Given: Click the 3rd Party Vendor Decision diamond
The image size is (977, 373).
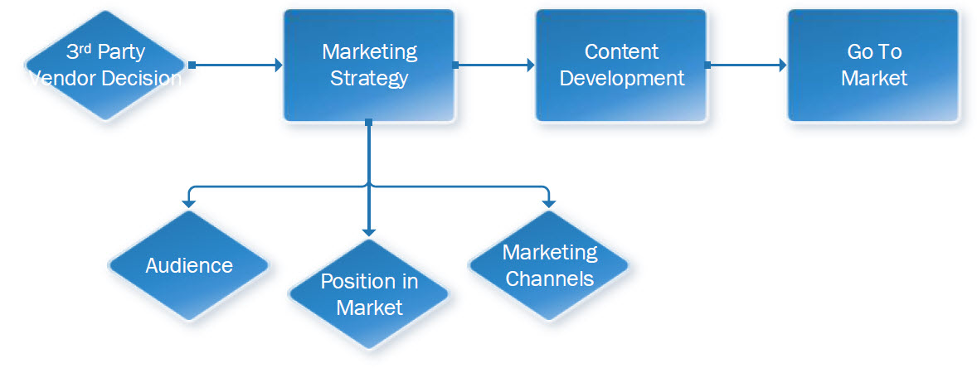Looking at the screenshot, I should (x=105, y=65).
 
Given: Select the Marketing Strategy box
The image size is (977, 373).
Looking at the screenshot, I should (x=369, y=65).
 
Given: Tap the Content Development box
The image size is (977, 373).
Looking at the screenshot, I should (x=621, y=65).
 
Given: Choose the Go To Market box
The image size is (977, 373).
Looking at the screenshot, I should (x=873, y=65).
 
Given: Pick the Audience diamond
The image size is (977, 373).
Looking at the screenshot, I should (x=189, y=265).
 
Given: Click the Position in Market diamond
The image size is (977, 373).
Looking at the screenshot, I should (x=369, y=294).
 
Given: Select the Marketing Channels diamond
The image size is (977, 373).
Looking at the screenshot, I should (x=549, y=265).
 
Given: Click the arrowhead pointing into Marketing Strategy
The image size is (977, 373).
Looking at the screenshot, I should (x=278, y=65).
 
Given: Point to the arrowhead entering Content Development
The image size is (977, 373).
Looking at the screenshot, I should (x=530, y=65).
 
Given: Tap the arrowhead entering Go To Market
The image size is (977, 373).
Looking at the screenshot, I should (x=782, y=65).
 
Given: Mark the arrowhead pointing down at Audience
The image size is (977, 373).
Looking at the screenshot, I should (x=189, y=201).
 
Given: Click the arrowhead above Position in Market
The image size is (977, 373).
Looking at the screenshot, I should (x=369, y=232).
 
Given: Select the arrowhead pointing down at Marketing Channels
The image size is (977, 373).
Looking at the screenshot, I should (x=548, y=201).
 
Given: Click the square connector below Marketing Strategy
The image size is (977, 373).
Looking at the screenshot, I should (x=369, y=123).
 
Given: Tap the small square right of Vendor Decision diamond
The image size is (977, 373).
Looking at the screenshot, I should (x=192, y=65).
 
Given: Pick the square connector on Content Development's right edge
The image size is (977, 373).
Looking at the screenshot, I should (x=707, y=65).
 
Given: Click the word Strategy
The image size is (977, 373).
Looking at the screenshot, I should (x=369, y=79).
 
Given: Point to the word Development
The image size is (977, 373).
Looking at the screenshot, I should (x=622, y=79).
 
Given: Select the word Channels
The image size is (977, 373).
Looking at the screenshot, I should (x=550, y=279).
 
